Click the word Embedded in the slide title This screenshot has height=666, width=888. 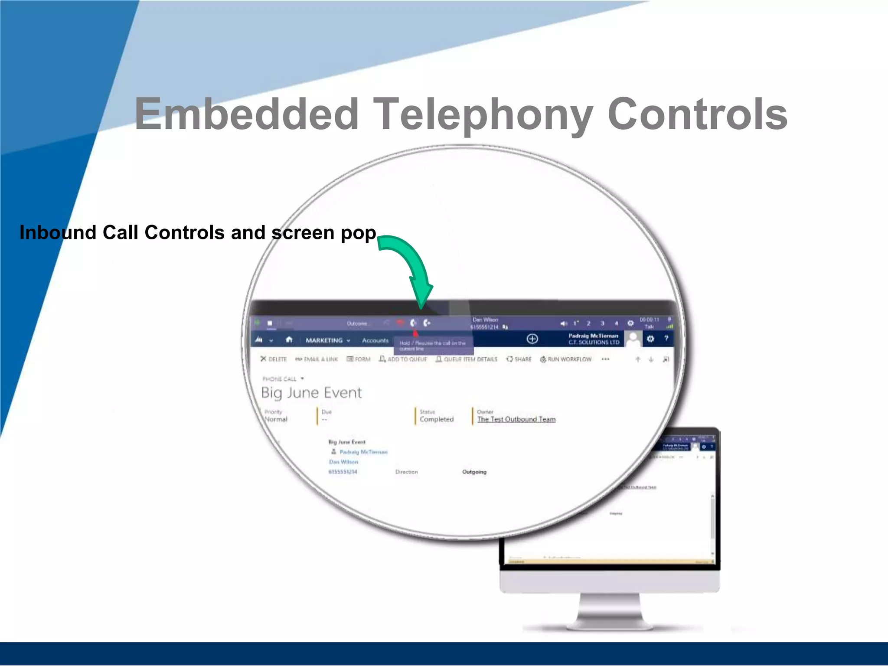[246, 114]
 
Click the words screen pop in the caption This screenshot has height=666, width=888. [323, 233]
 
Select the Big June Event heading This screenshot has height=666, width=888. [311, 392]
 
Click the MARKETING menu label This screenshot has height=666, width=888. [324, 340]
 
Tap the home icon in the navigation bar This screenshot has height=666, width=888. [289, 340]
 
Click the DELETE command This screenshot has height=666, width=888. [274, 359]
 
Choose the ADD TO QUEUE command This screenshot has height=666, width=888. [403, 359]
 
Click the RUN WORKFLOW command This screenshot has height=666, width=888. [565, 359]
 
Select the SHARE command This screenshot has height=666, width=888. [519, 359]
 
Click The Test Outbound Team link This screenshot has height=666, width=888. [516, 419]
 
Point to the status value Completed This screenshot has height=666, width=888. [436, 419]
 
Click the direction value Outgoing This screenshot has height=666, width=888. [474, 472]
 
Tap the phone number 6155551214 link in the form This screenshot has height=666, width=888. [343, 472]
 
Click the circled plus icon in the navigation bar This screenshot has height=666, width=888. [532, 339]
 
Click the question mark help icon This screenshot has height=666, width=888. [666, 338]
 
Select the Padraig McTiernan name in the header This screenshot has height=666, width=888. [593, 336]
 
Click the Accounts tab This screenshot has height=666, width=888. [375, 340]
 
